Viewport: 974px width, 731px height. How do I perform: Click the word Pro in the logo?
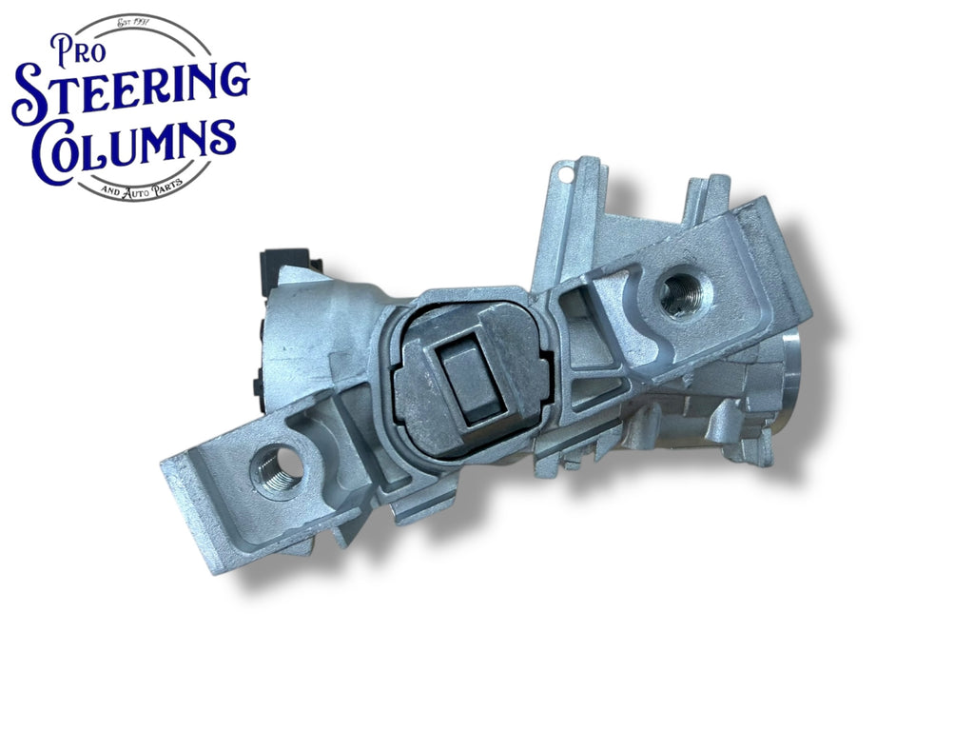(77, 49)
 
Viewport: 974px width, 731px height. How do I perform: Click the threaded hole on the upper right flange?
(681, 293)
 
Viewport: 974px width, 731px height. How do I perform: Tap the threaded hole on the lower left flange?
(278, 467)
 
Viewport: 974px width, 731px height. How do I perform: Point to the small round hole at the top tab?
(565, 175)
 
